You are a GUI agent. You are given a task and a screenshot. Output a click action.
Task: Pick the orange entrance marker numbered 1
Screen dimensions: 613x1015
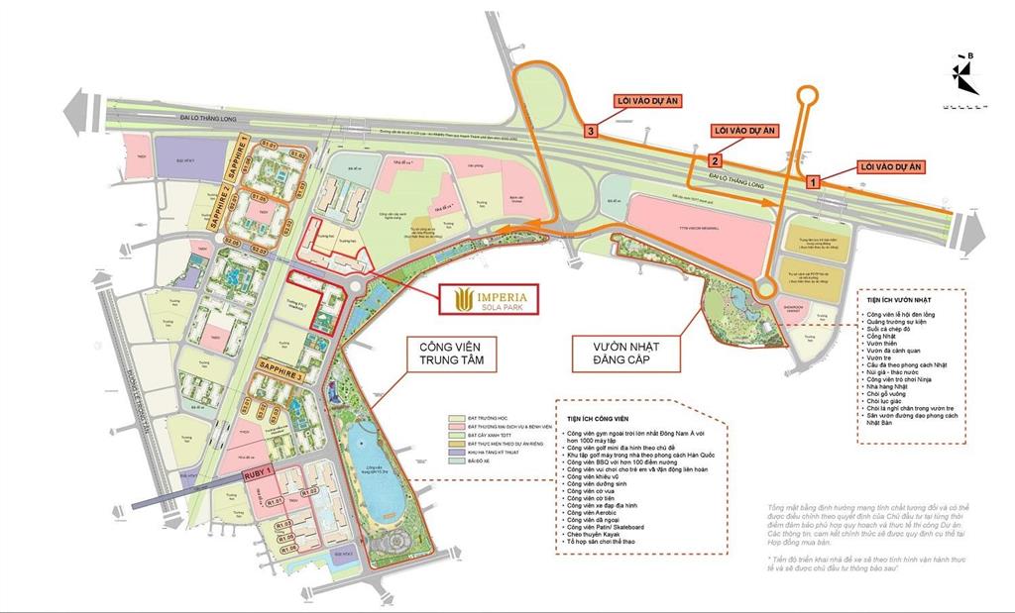pyautogui.click(x=813, y=181)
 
